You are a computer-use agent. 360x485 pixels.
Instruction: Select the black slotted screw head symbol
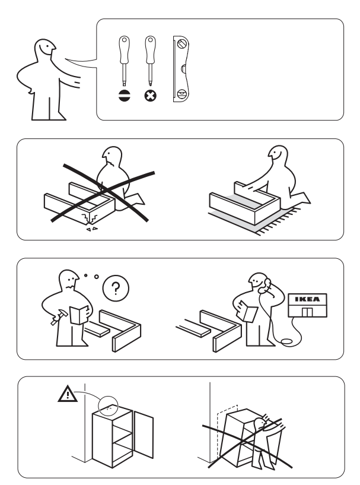[x=124, y=96]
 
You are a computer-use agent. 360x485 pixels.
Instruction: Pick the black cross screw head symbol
[x=151, y=96]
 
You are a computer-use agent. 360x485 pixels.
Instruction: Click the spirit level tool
[x=181, y=69]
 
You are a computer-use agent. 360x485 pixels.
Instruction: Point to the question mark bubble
[x=116, y=289]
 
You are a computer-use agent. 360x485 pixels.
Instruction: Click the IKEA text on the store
[x=307, y=299]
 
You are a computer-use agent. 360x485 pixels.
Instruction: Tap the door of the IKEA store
[x=307, y=312]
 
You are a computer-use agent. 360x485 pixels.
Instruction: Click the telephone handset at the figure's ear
[x=265, y=286]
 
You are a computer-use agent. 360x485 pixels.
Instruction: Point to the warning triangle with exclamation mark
[x=68, y=394]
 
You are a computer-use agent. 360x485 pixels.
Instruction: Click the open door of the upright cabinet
[x=144, y=435]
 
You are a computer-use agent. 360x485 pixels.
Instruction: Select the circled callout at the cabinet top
[x=108, y=405]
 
